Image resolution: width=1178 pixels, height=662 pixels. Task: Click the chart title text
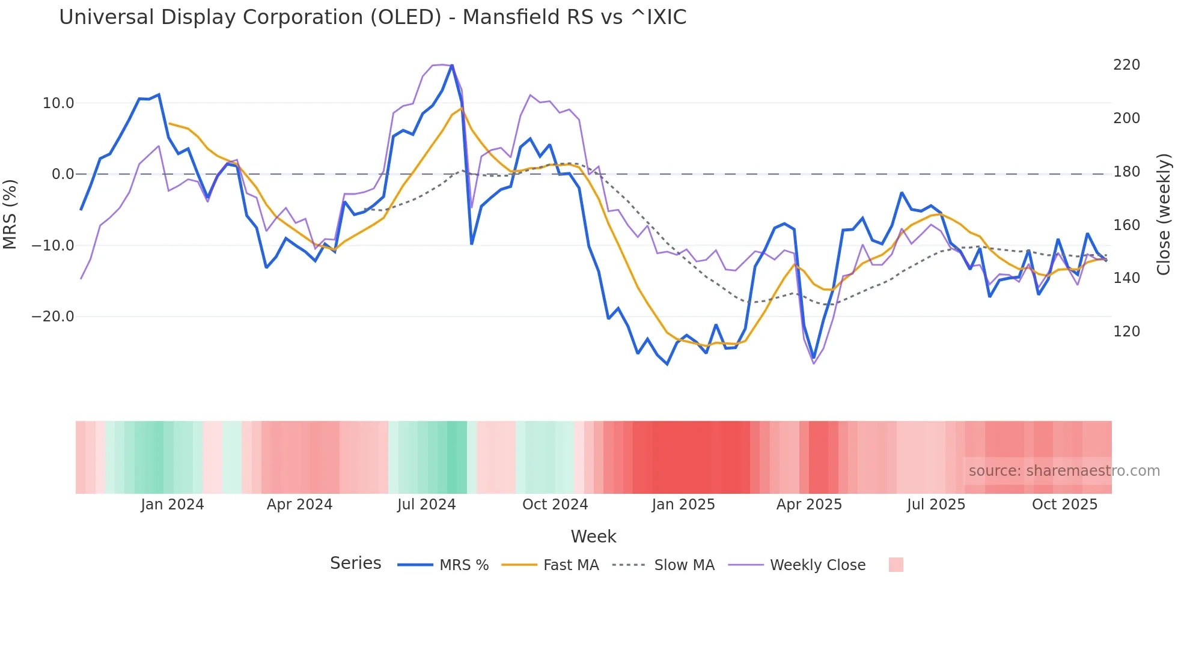tap(373, 17)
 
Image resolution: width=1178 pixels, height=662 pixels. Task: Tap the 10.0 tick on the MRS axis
tap(58, 103)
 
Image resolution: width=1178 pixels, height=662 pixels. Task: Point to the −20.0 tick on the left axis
tap(53, 317)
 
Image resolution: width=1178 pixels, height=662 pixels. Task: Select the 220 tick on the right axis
tap(1126, 65)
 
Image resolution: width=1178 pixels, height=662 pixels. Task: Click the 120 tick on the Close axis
tap(1126, 332)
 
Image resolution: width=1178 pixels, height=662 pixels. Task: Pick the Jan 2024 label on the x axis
tap(172, 505)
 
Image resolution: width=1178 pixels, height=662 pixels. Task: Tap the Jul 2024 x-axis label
tap(427, 505)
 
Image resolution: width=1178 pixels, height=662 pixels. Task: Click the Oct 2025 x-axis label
tap(1064, 505)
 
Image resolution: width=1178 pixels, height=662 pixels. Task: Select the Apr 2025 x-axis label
tap(809, 505)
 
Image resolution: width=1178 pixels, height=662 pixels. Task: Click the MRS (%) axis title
tap(10, 214)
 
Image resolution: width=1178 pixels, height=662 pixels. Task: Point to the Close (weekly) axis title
tap(1164, 214)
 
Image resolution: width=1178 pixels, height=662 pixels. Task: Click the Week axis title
tap(593, 536)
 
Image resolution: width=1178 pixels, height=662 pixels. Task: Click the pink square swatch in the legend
tap(896, 565)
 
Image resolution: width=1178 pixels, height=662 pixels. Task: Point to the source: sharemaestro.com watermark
tap(1064, 471)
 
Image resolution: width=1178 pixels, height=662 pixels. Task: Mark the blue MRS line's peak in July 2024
tap(452, 65)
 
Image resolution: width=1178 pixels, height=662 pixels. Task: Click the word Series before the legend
tap(355, 563)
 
